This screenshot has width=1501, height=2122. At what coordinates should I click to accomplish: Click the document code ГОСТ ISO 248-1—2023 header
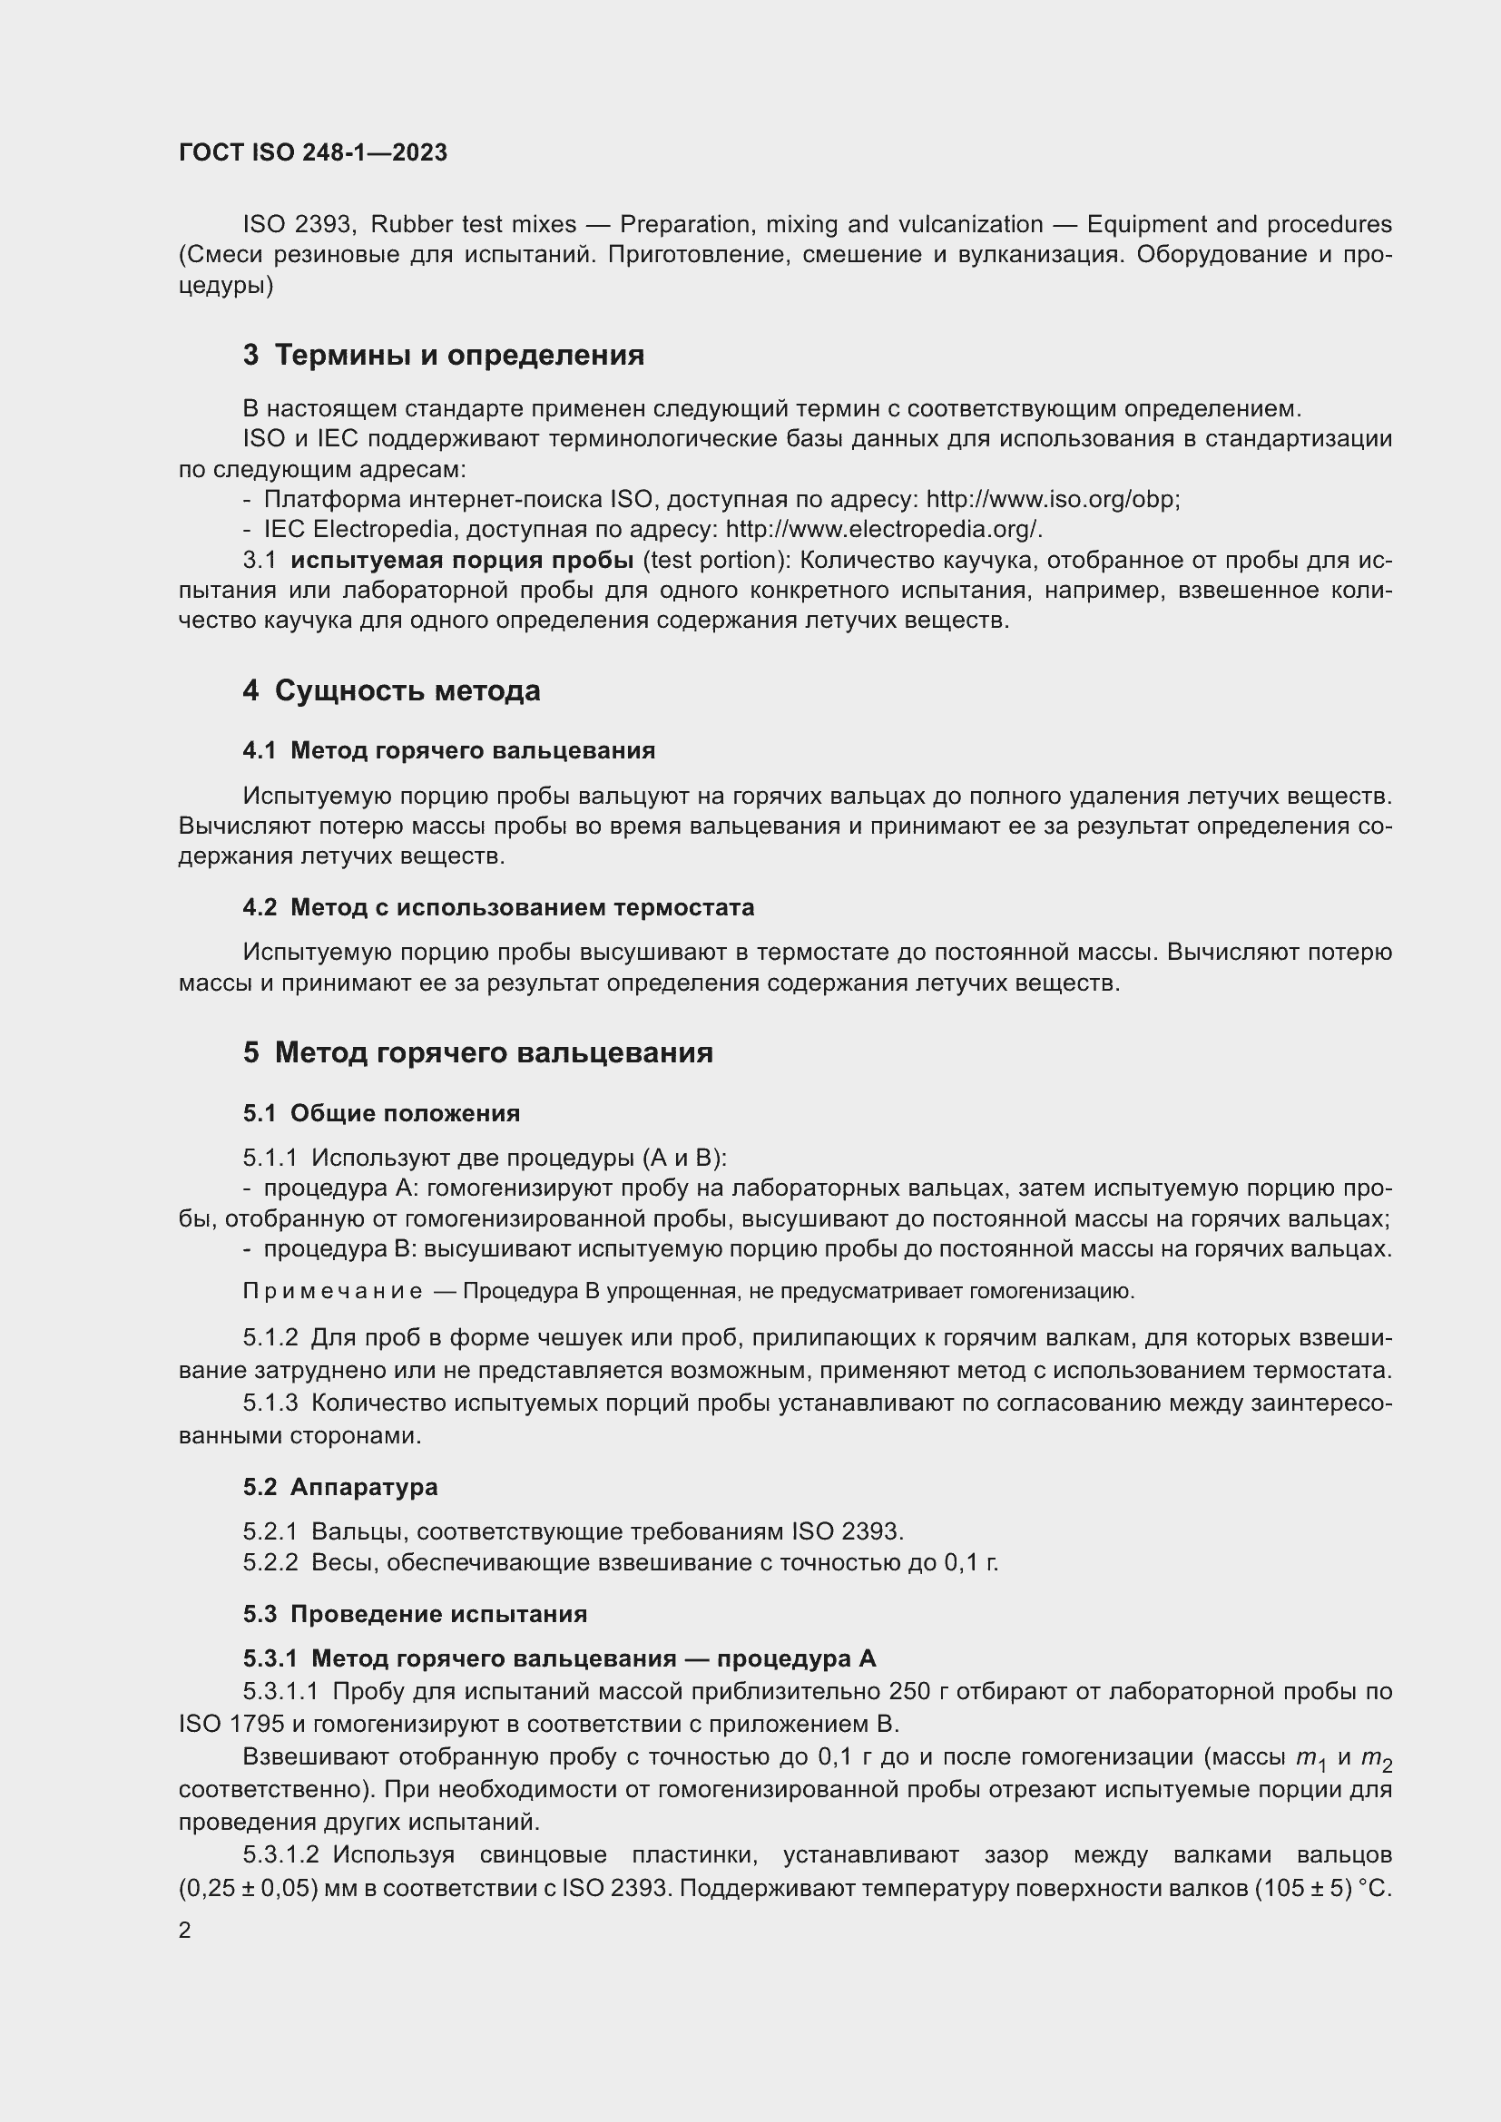(x=312, y=152)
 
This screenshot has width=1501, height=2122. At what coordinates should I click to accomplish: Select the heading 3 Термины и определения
(x=444, y=355)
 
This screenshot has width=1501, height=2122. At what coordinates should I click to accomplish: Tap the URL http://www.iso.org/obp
(x=1052, y=499)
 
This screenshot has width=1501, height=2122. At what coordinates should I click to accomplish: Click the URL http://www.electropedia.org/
(x=884, y=530)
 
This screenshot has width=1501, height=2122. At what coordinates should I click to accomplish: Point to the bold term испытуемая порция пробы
(x=461, y=560)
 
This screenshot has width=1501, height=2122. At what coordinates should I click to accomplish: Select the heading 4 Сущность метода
(x=392, y=690)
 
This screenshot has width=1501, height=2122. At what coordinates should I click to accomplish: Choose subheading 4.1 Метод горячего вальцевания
(x=449, y=750)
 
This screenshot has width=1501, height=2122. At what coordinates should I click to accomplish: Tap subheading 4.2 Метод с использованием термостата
(x=498, y=907)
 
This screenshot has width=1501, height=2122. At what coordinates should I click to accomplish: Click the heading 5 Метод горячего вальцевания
(x=478, y=1052)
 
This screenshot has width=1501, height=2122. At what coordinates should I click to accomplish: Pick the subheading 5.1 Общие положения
(x=382, y=1113)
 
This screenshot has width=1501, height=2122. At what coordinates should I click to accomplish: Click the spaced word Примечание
(x=333, y=1291)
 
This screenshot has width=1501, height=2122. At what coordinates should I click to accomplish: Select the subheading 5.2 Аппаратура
(x=340, y=1487)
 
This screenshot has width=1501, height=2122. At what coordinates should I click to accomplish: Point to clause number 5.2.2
(x=270, y=1563)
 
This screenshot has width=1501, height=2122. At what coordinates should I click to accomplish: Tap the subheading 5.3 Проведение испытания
(x=415, y=1614)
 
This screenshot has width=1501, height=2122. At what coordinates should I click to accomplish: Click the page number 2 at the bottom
(x=185, y=1930)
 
